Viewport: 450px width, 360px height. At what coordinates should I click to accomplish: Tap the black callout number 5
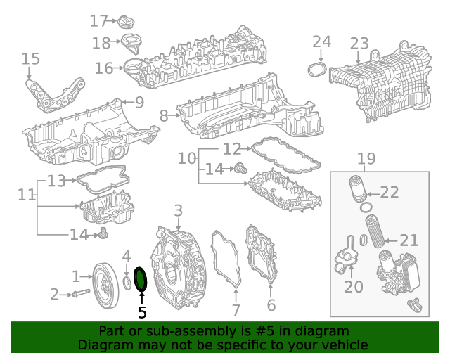pos(142,312)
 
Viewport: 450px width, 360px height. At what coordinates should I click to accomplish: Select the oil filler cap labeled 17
pos(126,22)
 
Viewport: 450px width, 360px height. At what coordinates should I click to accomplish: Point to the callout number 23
pos(359,44)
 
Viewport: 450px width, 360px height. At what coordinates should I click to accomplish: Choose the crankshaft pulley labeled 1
pos(105,285)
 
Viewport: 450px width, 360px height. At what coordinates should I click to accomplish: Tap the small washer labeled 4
pos(127,283)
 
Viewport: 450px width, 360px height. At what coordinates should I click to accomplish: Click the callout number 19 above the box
pos(366,158)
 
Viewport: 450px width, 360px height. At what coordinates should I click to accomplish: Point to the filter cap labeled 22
pos(358,189)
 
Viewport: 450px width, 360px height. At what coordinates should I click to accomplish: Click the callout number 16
pos(104,68)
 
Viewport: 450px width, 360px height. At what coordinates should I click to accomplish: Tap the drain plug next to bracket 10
pos(240,168)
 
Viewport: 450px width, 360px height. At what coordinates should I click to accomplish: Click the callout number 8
pos(164,116)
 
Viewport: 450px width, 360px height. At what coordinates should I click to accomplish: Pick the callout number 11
pos(27,195)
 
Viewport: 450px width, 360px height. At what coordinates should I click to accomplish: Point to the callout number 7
pos(236,310)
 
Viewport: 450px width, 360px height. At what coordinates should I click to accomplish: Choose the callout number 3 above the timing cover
pos(178,210)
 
